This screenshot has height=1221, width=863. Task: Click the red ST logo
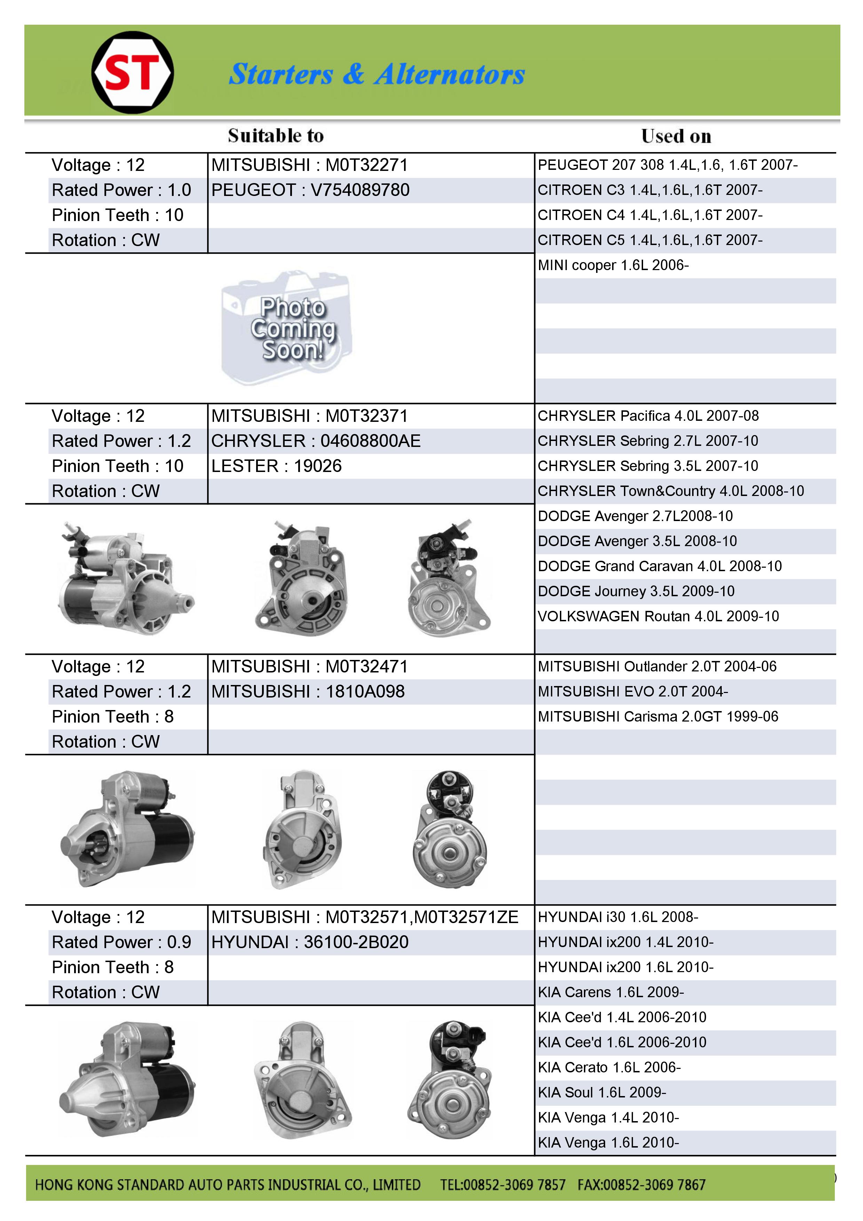click(132, 72)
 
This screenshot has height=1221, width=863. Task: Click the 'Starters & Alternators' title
click(377, 74)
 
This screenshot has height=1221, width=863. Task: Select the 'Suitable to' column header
click(276, 136)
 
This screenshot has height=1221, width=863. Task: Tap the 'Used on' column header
click(676, 136)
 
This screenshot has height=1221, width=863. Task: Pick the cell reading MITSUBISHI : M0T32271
click(309, 165)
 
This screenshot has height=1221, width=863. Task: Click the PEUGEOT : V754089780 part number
click(310, 190)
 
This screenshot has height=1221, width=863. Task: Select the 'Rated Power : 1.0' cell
click(121, 190)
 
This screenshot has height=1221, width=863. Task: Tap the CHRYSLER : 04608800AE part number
click(316, 441)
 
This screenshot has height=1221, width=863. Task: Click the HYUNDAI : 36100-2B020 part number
click(309, 942)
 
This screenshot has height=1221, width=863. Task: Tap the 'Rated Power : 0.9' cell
click(121, 942)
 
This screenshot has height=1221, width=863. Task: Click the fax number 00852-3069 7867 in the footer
click(641, 1184)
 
